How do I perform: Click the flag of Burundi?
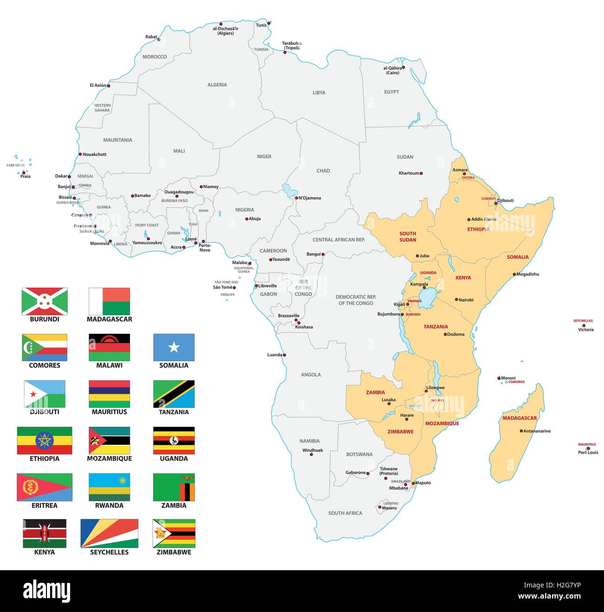(45, 301)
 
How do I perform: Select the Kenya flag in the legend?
(45, 534)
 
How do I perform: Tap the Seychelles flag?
(109, 534)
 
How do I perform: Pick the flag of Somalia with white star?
(174, 347)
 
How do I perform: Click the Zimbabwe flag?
(174, 534)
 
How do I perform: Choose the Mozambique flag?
(109, 441)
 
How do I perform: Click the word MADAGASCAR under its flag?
(109, 319)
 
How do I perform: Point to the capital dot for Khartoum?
(421, 173)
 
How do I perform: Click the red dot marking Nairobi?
(456, 299)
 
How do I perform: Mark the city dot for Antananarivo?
(521, 430)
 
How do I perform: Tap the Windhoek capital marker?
(311, 455)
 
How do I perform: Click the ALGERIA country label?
(217, 85)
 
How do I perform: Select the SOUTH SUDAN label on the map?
(407, 237)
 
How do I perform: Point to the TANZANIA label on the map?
(435, 327)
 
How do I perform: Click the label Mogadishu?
(528, 274)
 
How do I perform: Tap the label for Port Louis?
(588, 453)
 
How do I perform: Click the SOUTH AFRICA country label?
(345, 513)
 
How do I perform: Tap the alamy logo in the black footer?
(46, 591)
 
